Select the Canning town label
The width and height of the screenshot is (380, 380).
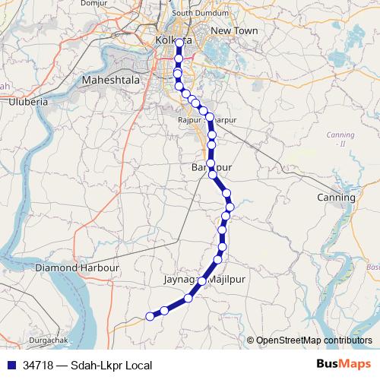(336, 198)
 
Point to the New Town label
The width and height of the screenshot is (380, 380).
(234, 30)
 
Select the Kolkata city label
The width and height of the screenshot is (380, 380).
(171, 40)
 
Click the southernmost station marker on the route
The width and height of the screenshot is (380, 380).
(150, 318)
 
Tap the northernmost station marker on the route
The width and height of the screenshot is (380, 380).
(178, 43)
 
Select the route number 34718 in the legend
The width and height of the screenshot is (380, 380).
(38, 366)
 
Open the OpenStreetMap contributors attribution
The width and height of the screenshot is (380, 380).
(313, 340)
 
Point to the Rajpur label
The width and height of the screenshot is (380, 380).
(188, 120)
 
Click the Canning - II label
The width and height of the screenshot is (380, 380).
(335, 138)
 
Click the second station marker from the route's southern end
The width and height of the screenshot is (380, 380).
(164, 310)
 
